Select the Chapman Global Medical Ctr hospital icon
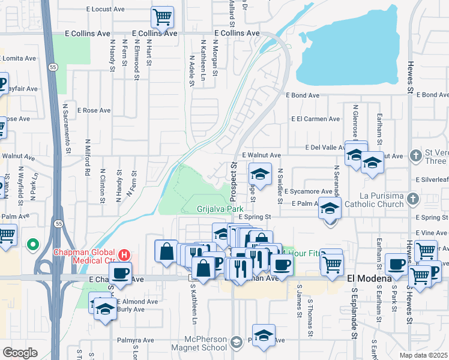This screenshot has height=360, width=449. (x=124, y=254)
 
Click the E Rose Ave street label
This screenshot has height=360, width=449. (x=95, y=110)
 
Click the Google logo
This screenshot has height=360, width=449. (x=20, y=352)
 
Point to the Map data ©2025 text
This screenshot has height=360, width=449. (x=424, y=355)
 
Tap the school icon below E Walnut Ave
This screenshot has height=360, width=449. (x=260, y=174)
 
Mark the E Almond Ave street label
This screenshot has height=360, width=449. (x=137, y=301)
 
